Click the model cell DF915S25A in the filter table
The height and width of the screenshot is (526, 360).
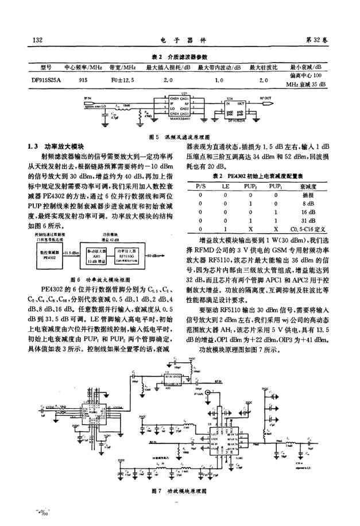coord(47,80)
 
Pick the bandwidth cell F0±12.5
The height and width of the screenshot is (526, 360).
coord(122,80)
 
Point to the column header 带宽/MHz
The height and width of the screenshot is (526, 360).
coord(122,67)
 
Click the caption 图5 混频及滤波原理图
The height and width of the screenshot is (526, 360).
coord(178,138)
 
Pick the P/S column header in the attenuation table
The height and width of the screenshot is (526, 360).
coord(200,187)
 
